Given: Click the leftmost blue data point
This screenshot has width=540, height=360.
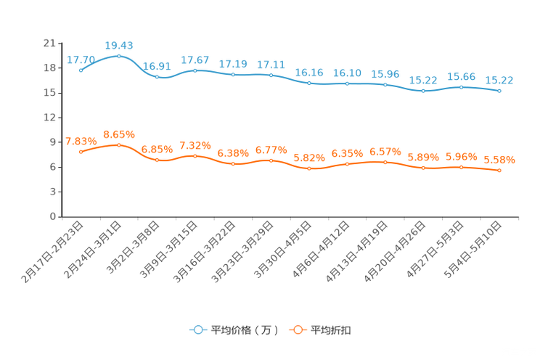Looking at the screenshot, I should (x=81, y=70).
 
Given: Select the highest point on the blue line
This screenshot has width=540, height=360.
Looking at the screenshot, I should (x=118, y=56).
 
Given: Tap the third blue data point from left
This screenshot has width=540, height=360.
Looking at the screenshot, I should (x=157, y=76).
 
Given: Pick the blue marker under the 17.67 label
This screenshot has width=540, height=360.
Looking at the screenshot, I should (x=195, y=70).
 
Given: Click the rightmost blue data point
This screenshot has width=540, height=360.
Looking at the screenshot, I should (x=499, y=91).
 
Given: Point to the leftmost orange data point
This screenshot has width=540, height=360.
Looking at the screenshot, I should (x=81, y=152).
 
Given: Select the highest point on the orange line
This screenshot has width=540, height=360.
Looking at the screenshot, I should (x=118, y=145).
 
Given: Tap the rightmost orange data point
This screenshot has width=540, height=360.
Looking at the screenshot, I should (x=499, y=170).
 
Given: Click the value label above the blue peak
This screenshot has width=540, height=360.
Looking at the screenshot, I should (x=119, y=45).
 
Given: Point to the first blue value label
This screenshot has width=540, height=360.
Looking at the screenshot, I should (x=81, y=60).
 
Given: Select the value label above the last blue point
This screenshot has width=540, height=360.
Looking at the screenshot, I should (x=499, y=80).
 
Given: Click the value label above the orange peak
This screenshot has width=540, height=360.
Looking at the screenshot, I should (x=119, y=134).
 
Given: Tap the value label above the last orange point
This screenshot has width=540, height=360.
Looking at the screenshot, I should (x=499, y=159).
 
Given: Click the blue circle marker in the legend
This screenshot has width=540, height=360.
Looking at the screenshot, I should (x=197, y=330).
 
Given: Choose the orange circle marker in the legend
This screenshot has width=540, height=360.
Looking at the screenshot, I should (x=296, y=330).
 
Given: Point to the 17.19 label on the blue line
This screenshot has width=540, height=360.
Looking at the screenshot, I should (x=233, y=64).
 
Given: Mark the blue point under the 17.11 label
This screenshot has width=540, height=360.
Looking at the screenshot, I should (x=271, y=75).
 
